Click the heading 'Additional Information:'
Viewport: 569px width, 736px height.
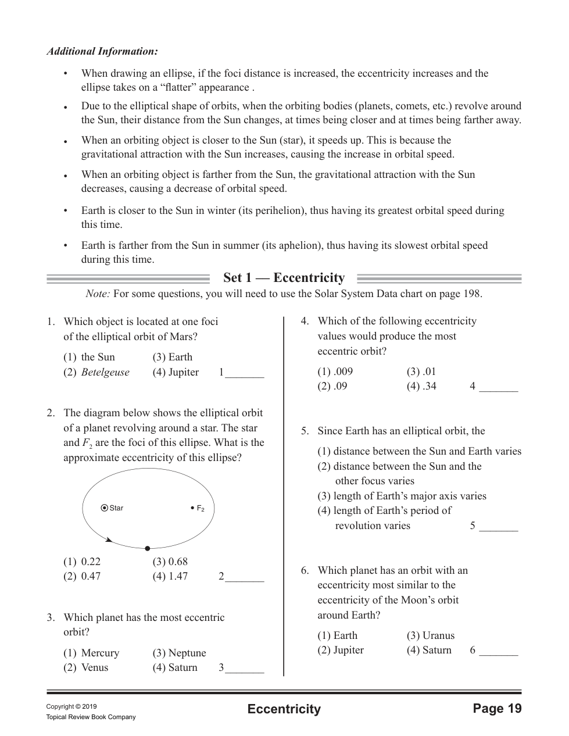tap(102, 52)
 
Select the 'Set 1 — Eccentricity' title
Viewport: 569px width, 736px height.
tap(284, 278)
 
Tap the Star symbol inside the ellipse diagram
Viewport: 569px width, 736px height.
tap(105, 508)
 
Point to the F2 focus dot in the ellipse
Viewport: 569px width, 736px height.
tap(192, 508)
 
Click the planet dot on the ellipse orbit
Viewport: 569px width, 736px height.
tap(148, 548)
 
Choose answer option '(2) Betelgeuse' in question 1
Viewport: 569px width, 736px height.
tap(97, 372)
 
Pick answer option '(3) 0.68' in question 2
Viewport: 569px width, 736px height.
tap(170, 562)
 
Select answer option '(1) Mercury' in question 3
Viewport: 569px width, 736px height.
tap(92, 653)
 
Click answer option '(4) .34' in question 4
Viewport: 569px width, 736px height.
tap(421, 386)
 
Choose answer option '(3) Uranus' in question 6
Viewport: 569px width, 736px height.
tap(431, 635)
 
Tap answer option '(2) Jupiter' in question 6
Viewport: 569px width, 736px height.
tap(341, 650)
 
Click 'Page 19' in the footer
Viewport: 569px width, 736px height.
tap(497, 709)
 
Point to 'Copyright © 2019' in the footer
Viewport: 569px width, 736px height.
tap(71, 707)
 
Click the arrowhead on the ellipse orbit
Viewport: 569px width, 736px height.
tap(109, 540)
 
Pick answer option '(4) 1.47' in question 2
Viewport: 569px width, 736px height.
tap(170, 576)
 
